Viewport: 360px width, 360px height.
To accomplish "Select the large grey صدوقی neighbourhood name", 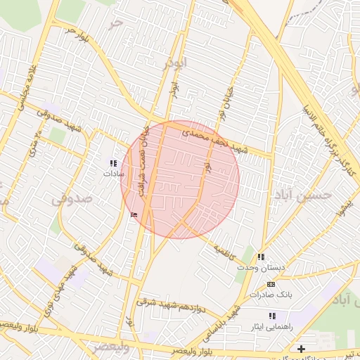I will coord(71,200).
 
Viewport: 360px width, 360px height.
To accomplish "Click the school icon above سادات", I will coord(114,162).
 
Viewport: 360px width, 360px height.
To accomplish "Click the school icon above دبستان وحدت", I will coord(261,257).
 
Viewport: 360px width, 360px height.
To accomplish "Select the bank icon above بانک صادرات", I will coord(271,284).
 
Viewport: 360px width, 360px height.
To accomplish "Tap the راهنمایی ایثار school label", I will coord(271,327).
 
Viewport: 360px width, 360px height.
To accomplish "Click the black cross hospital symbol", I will coord(301,349).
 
